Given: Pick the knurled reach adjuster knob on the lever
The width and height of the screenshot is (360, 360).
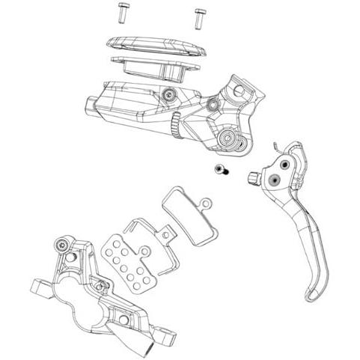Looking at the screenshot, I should pyautogui.click(x=254, y=177).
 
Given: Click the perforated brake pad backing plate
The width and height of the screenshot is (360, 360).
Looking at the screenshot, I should pyautogui.click(x=126, y=260).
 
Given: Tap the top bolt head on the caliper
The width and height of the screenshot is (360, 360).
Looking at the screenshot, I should pyautogui.click(x=61, y=245).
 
